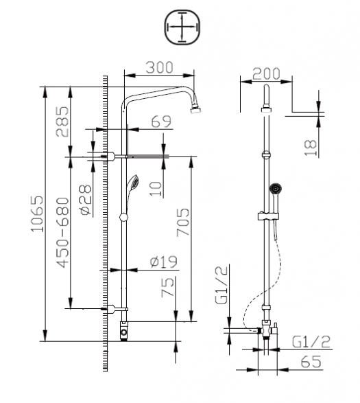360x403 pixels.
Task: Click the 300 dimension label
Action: [x=160, y=67]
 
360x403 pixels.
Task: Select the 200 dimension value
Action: [x=266, y=73]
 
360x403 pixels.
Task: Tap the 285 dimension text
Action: [x=62, y=122]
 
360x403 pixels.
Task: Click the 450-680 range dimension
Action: [x=63, y=232]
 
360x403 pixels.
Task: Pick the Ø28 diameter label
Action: [x=86, y=200]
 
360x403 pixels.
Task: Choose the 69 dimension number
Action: [x=161, y=122]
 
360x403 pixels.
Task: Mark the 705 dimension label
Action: [x=183, y=222]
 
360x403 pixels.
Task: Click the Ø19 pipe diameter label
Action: [x=164, y=262]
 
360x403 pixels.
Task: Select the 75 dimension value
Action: [x=167, y=287]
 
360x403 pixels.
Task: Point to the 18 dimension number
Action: [x=311, y=148]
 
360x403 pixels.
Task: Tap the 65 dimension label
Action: [x=311, y=362]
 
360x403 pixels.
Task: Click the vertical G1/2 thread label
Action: [x=221, y=285]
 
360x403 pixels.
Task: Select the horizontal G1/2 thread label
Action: [x=311, y=342]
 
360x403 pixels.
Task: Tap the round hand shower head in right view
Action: [x=276, y=188]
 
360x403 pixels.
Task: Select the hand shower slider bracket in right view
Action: [x=268, y=216]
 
